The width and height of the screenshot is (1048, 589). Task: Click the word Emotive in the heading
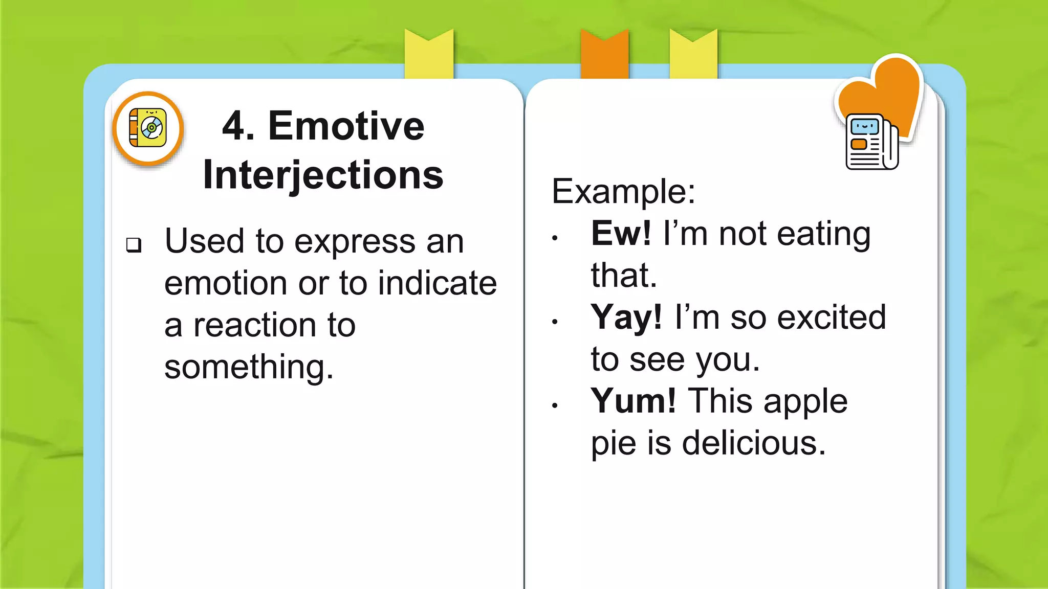(346, 126)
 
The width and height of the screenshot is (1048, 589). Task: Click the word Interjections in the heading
(323, 175)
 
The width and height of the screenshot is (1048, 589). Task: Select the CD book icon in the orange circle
(148, 128)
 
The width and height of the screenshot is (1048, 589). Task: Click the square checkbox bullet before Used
(134, 245)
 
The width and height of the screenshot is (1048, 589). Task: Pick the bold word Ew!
(621, 234)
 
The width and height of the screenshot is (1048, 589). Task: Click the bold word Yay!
(626, 318)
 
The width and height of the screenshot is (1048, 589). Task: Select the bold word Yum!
(633, 401)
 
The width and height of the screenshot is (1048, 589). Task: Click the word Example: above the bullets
(623, 192)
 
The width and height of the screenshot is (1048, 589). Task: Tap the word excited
(832, 318)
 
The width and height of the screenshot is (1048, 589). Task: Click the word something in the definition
(249, 367)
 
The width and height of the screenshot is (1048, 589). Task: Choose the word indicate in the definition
(437, 283)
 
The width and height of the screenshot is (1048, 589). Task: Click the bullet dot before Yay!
(555, 322)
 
